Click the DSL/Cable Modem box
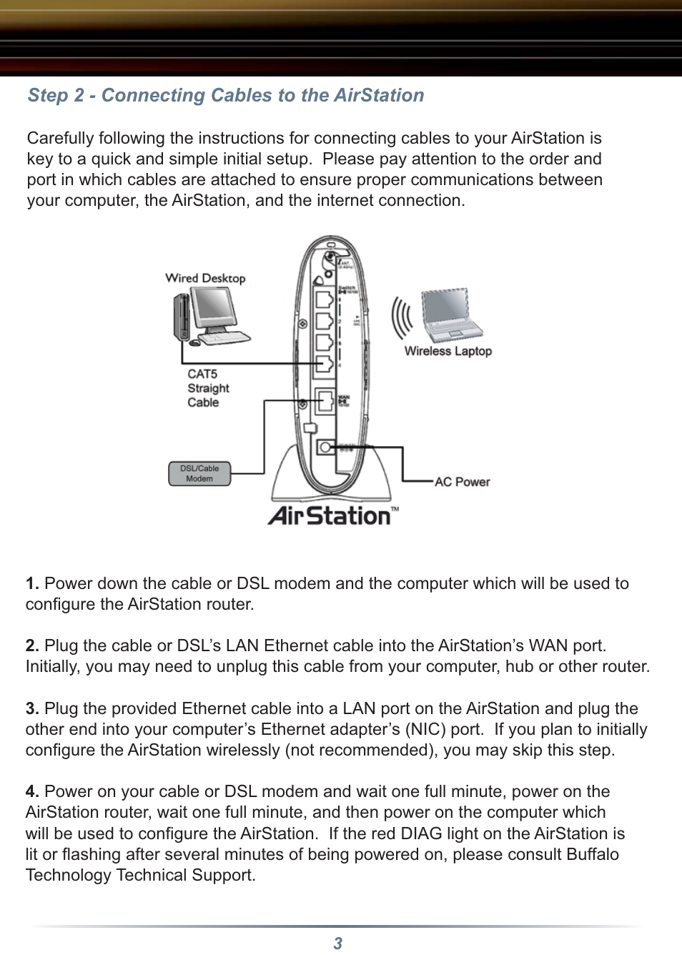(x=199, y=473)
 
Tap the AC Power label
(x=462, y=482)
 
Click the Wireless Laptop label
(x=448, y=351)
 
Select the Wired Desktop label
(x=205, y=278)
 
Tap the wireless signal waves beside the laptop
(x=402, y=318)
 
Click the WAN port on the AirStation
(x=325, y=400)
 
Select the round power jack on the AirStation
(x=325, y=447)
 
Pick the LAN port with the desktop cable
(x=324, y=363)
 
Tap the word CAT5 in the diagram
(x=202, y=374)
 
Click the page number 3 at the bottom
(x=338, y=944)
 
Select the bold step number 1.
(x=32, y=583)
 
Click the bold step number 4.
(x=32, y=791)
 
